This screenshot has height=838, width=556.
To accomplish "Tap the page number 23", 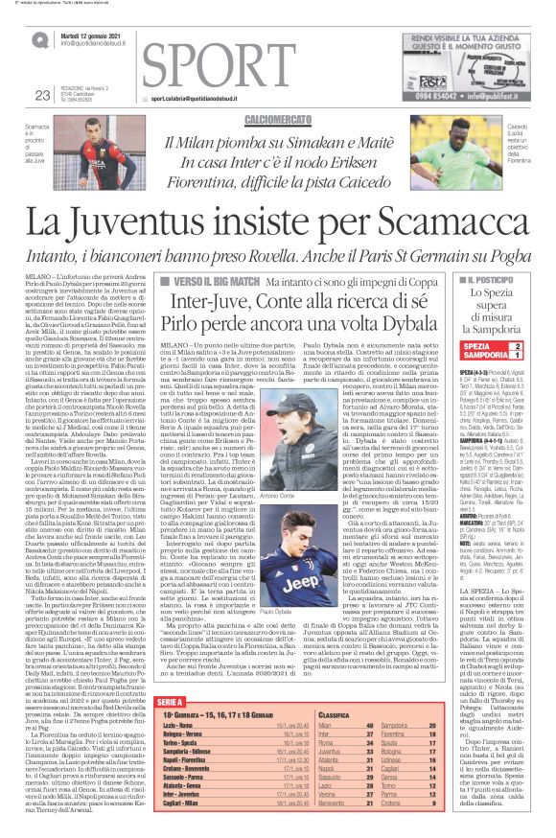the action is pos(41,94).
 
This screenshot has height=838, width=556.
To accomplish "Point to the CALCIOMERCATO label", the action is pos(276,119).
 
